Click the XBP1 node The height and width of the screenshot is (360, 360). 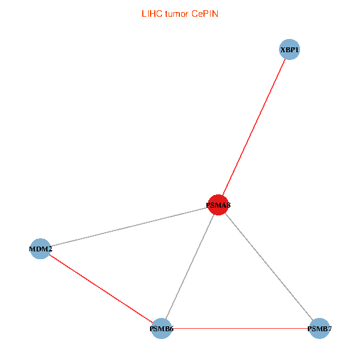[x=289, y=50]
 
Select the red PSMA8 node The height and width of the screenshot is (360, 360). [x=218, y=205]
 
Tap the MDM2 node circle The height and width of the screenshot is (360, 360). [x=40, y=248]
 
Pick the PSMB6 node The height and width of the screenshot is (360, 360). [x=161, y=328]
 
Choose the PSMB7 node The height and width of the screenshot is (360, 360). [x=319, y=328]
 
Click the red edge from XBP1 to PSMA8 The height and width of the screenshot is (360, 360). [x=254, y=127]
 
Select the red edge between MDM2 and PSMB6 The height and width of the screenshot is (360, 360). [x=101, y=289]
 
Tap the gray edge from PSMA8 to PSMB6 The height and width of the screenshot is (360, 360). [x=190, y=266]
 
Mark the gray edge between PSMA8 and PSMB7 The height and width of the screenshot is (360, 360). [x=268, y=266]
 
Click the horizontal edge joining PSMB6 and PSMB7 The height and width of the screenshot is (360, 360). [x=240, y=328]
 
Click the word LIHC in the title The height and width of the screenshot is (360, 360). [x=151, y=13]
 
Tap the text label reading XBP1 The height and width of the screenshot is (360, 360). [x=289, y=50]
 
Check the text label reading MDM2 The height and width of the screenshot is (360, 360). [x=41, y=248]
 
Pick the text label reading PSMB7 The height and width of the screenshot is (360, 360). [x=319, y=329]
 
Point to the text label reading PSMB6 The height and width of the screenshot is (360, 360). [x=161, y=329]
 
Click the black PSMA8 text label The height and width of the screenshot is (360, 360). [x=218, y=205]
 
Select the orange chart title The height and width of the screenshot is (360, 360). [x=179, y=13]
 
